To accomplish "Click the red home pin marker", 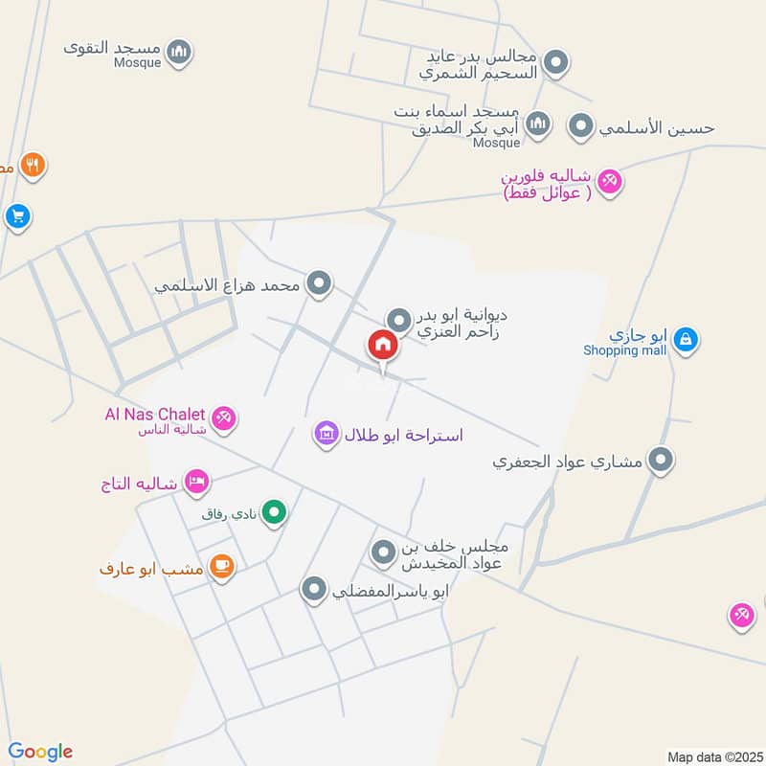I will coord(383,346).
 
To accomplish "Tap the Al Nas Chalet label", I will coord(155,415).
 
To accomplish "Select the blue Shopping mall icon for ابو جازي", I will coord(686,338).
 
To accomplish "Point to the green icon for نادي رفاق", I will coord(275,514).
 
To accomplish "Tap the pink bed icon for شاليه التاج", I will coord(196,481).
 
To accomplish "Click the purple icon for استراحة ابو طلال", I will coord(327,435).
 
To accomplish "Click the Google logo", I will coord(40,752).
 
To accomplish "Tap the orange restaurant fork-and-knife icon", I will coord(34,166).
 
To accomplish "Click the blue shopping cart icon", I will coord(16,216).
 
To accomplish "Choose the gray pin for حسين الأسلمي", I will coord(580,125).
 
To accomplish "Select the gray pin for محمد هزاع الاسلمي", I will coord(321,283).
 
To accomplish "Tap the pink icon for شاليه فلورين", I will coord(609,179).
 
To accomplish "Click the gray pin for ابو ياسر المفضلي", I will coord(314,590).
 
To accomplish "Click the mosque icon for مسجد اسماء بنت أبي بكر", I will coord(539,124).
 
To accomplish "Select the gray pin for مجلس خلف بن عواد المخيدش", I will coord(383,552).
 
